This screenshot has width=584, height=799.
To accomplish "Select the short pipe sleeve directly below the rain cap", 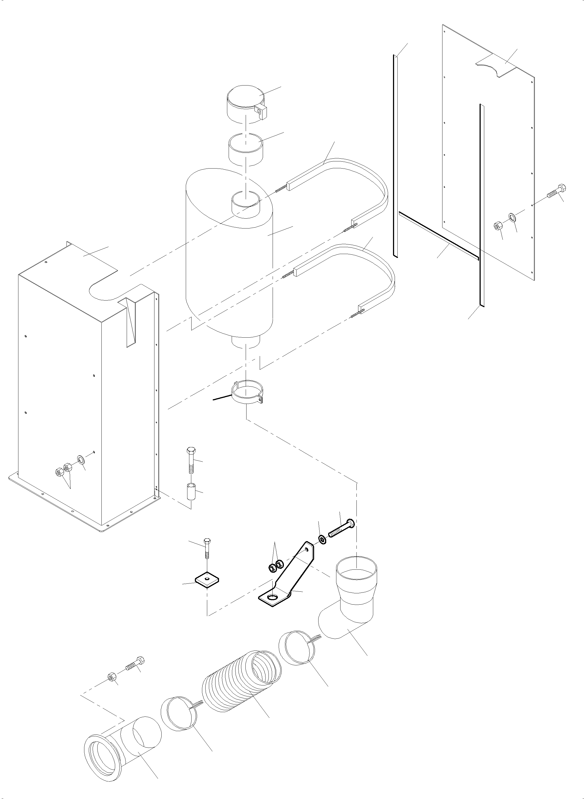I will tap(246, 150).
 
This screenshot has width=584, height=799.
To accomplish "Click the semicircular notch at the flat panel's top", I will tap(491, 67).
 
